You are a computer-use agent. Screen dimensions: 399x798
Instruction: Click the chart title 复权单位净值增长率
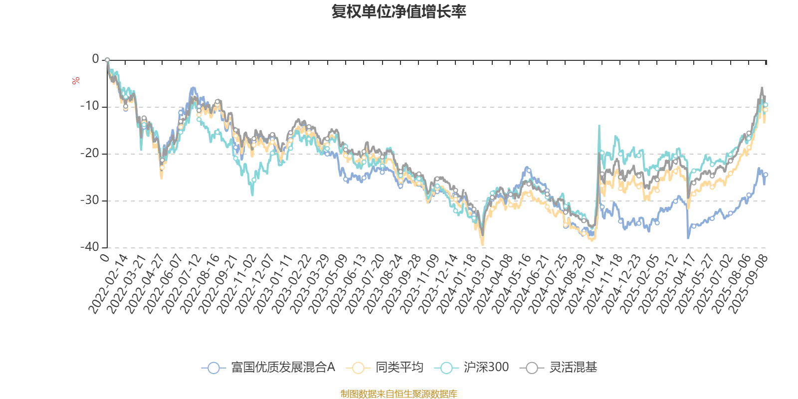[399, 11]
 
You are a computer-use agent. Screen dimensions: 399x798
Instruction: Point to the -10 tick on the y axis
[90, 106]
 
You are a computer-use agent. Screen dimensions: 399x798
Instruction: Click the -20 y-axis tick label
[90, 153]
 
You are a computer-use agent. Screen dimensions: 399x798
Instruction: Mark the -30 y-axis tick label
[90, 200]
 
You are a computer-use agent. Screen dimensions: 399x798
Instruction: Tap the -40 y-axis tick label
[90, 247]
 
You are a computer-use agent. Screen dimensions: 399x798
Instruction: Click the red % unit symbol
[76, 81]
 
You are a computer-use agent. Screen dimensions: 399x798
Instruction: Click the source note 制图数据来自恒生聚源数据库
[399, 394]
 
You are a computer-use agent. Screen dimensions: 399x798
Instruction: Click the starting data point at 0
[107, 60]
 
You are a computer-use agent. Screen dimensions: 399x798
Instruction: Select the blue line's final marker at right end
[766, 175]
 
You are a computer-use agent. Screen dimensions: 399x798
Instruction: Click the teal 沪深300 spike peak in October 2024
[599, 126]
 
